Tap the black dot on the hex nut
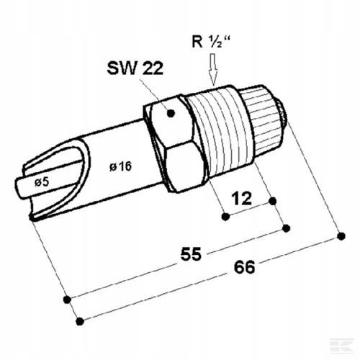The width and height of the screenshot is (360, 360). [172, 113]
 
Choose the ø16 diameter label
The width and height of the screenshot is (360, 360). [122, 167]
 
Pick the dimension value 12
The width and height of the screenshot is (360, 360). [243, 198]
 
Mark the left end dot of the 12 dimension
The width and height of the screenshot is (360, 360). [225, 215]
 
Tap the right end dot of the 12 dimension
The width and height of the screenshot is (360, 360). [274, 201]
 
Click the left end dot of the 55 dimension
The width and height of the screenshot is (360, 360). [66, 299]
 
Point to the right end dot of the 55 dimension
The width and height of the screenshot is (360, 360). [286, 228]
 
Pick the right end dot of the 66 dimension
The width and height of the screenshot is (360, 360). [341, 235]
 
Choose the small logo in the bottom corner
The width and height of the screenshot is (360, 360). [347, 348]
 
